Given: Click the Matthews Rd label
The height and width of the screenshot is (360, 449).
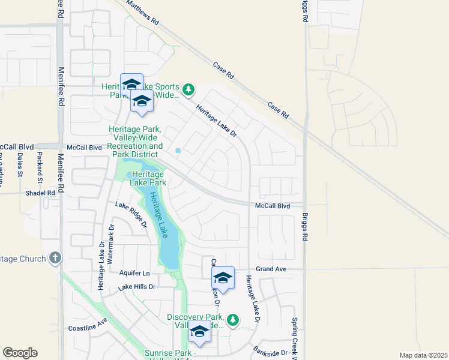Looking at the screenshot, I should [x=142, y=12].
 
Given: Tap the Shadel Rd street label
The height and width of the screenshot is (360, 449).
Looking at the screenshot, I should [x=40, y=193].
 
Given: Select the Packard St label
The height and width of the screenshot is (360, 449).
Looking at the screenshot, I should [x=40, y=171].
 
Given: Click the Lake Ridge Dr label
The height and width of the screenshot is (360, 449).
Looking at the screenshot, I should [x=131, y=215].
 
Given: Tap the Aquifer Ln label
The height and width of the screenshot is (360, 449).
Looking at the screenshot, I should [x=134, y=273].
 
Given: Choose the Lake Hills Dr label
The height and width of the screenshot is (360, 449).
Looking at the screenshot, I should [x=137, y=287].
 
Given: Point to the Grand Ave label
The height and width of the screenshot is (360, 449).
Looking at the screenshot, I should [x=271, y=269].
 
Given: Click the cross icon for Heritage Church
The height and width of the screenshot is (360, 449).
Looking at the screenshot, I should [x=55, y=259].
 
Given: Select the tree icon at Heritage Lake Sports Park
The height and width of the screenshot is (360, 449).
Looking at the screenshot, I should [x=189, y=90].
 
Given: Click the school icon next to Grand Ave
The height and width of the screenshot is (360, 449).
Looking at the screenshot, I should [x=223, y=277].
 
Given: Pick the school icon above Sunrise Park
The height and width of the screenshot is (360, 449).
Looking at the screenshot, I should [x=199, y=331].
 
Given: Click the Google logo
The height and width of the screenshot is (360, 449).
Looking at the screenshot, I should [x=20, y=353].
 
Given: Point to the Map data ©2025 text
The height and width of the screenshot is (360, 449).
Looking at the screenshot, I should [x=423, y=355].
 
